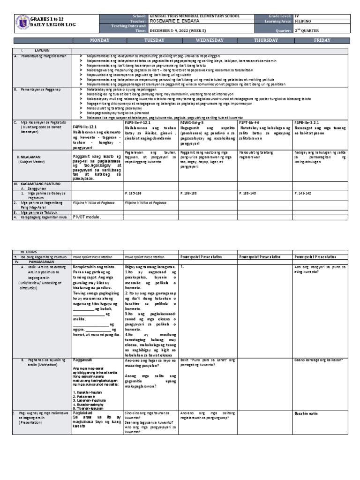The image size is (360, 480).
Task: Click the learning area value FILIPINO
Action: coord(305,21)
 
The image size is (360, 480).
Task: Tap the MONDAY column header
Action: coord(97,41)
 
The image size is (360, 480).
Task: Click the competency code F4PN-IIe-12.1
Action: coord(84,127)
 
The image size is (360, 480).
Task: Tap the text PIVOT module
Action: coord(86,217)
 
